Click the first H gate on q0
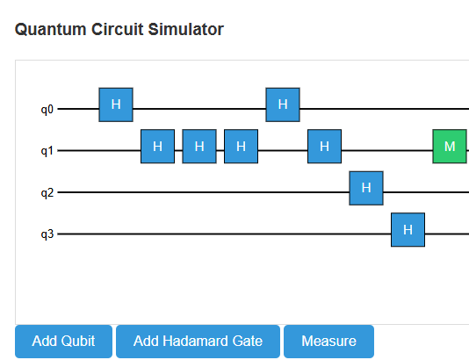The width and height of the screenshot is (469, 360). (115, 104)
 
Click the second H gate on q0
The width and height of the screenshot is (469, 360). (283, 104)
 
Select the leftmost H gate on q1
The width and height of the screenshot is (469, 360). (157, 147)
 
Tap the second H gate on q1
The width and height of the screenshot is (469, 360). (199, 147)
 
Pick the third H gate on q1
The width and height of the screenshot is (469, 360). (241, 147)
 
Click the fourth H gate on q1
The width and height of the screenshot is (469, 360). (324, 147)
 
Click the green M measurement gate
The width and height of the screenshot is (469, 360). (450, 147)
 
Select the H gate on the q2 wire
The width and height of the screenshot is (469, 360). (366, 188)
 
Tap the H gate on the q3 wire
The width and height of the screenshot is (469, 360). (408, 230)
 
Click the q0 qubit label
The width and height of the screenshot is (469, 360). (47, 110)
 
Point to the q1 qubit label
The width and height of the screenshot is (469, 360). (47, 151)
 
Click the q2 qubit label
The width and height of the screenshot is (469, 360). (47, 193)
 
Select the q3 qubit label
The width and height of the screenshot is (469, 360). (47, 234)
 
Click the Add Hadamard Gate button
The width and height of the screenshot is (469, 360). (198, 342)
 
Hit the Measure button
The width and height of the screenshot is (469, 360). (328, 342)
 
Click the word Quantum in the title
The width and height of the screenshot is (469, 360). (44, 30)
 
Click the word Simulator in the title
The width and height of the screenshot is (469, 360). (186, 30)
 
